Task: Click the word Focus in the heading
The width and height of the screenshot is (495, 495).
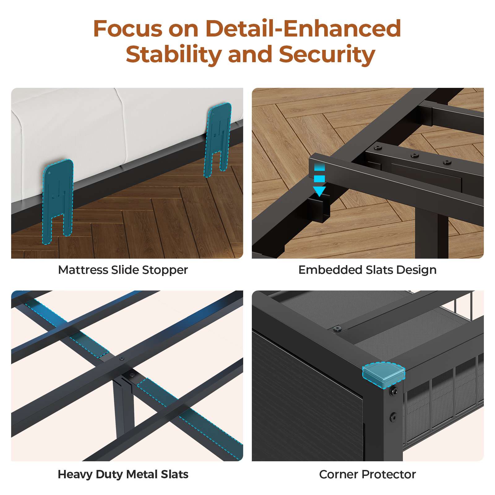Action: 128,28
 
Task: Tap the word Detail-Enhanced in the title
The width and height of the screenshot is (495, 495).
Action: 303,28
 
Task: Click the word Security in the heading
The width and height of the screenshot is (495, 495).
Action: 327,54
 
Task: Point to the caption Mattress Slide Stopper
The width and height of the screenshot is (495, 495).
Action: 123,270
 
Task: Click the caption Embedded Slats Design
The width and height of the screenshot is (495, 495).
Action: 367,270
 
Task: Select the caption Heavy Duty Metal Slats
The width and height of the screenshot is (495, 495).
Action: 123,474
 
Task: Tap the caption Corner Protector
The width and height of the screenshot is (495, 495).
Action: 368,474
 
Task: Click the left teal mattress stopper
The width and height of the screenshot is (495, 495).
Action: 58,201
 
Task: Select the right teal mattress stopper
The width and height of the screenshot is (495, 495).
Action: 218,140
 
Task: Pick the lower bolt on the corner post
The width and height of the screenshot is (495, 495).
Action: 394,417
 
